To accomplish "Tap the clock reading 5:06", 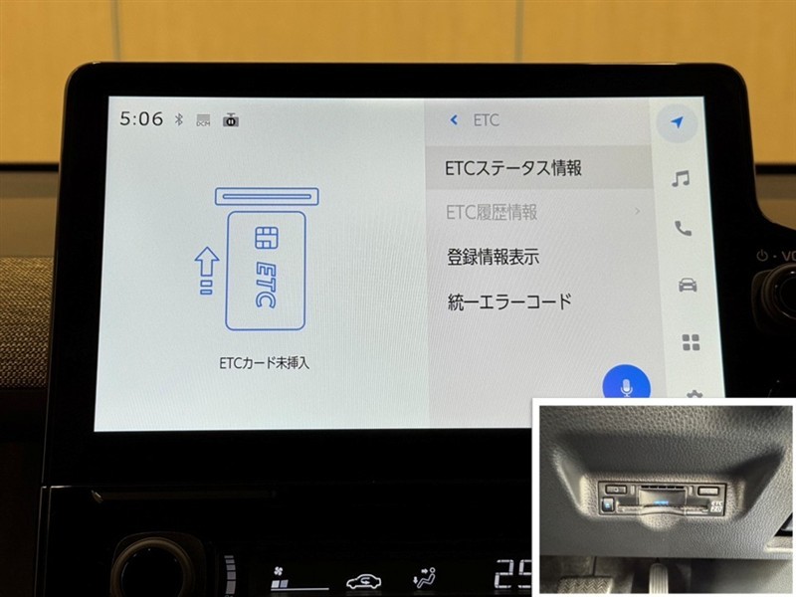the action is pyautogui.click(x=141, y=118).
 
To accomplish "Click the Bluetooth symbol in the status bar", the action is pyautogui.click(x=179, y=119).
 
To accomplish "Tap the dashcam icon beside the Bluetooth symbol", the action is pyautogui.click(x=231, y=119).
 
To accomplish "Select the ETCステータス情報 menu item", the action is pyautogui.click(x=513, y=168).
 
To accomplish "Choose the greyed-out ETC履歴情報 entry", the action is pyautogui.click(x=492, y=212).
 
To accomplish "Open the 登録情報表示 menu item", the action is pyautogui.click(x=493, y=257).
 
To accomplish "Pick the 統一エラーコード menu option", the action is pyautogui.click(x=509, y=301).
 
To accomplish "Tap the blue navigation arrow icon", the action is pyautogui.click(x=678, y=121).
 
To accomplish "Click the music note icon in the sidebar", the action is pyautogui.click(x=681, y=179).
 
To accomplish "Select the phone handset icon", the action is pyautogui.click(x=683, y=229).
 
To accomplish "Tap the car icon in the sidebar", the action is pyautogui.click(x=688, y=285).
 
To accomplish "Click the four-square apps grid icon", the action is pyautogui.click(x=691, y=342).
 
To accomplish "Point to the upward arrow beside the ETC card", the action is pyautogui.click(x=207, y=271).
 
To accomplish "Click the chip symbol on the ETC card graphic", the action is pyautogui.click(x=266, y=238).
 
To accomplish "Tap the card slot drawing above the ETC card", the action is pyautogui.click(x=267, y=196).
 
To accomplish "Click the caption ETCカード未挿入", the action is pyautogui.click(x=264, y=362).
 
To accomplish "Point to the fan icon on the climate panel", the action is pyautogui.click(x=279, y=578).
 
